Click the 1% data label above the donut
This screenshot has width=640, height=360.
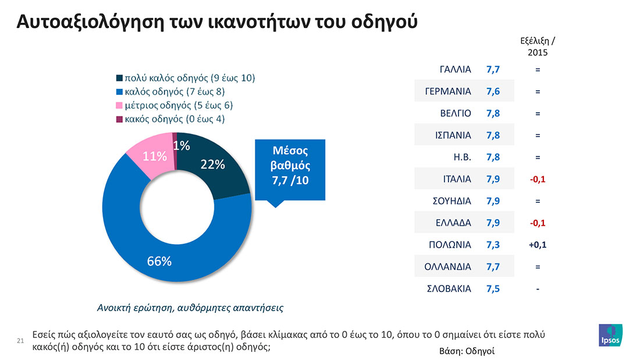[182, 146]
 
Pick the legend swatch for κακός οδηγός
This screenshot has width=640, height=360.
[120, 119]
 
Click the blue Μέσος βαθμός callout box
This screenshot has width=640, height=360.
[291, 166]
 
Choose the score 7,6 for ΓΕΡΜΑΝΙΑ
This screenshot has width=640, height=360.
[493, 92]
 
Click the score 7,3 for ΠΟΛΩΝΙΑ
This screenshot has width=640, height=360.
[493, 245]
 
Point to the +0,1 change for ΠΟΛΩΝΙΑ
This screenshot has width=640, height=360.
[537, 245]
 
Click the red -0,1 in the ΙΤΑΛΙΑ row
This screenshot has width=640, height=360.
[537, 179]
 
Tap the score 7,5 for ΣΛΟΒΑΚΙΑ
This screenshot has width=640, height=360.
[493, 288]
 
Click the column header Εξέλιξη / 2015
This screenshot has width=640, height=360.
[537, 46]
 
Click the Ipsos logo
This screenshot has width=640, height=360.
[610, 336]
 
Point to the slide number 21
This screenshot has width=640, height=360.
[20, 340]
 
